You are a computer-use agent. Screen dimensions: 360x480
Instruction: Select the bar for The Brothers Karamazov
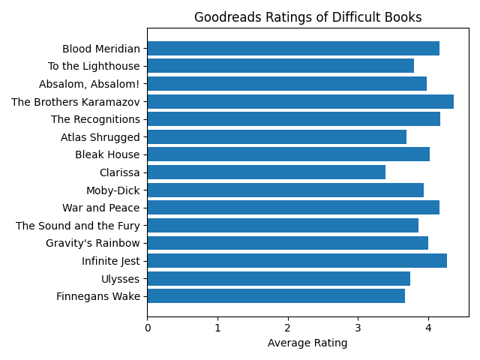click(300, 101)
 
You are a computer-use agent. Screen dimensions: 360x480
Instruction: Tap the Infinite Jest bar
click(297, 261)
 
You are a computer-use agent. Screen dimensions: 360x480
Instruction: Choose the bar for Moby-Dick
click(285, 190)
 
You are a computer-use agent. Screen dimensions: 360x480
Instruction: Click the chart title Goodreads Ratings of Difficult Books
click(307, 17)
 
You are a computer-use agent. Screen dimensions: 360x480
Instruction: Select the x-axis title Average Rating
click(307, 343)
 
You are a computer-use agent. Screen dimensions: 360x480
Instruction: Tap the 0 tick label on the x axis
click(147, 327)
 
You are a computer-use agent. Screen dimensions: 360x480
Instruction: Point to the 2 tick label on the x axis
click(287, 327)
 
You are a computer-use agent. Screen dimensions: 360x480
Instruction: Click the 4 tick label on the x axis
click(428, 327)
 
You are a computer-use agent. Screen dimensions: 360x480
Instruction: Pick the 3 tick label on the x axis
click(358, 327)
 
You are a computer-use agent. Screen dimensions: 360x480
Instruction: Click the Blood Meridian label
click(101, 49)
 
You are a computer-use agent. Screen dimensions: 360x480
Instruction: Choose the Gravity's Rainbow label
click(93, 243)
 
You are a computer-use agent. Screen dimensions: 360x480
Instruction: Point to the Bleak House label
click(107, 154)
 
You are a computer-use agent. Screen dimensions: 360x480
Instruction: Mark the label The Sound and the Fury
click(78, 226)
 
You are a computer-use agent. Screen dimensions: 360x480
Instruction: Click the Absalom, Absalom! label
click(89, 84)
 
